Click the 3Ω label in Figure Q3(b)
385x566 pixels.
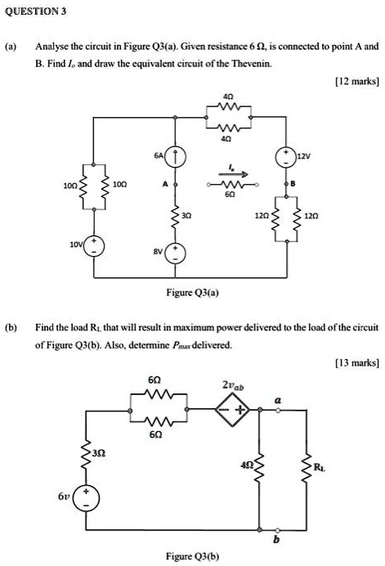tap(100, 452)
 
